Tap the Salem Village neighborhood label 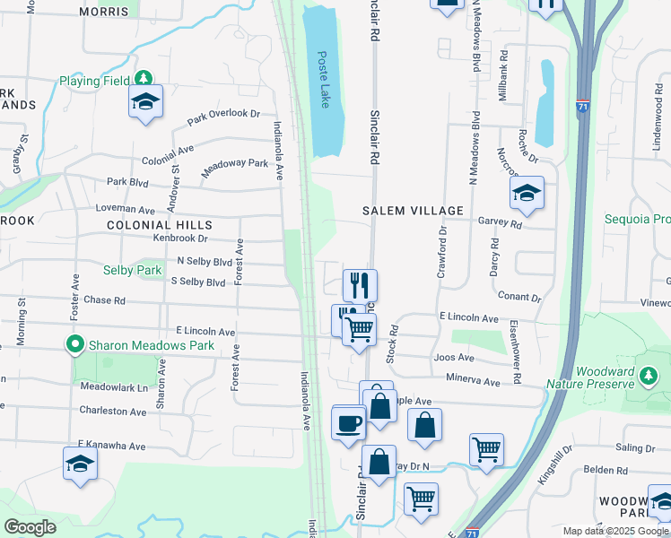413,211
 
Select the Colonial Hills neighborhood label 160,225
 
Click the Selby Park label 132,270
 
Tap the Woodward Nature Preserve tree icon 647,374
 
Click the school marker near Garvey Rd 527,193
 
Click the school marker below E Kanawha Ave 81,464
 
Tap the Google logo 30,527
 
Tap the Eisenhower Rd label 515,352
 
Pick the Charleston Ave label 112,412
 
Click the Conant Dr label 518,297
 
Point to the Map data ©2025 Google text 615,530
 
